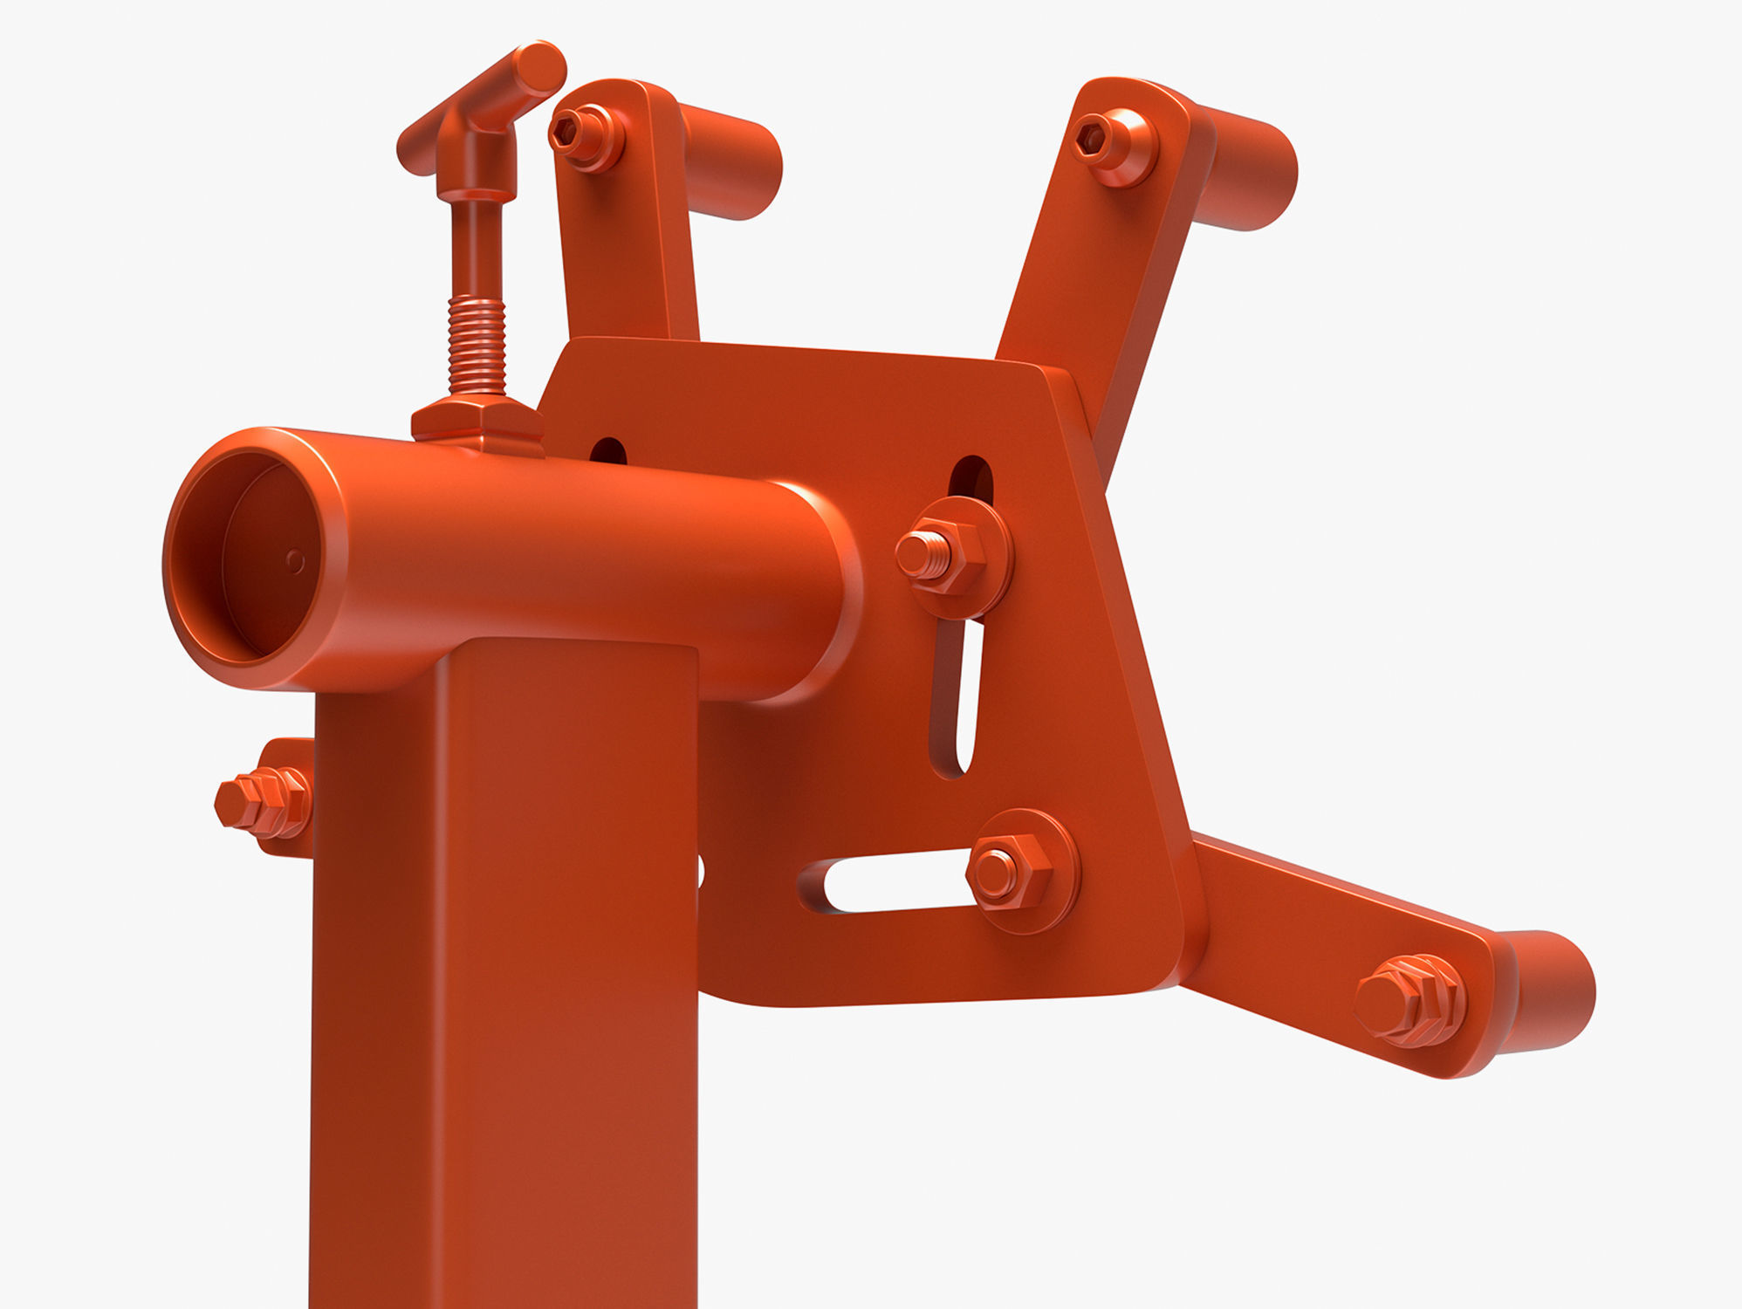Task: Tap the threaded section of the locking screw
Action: tap(477, 346)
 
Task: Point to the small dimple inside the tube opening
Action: tap(295, 561)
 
